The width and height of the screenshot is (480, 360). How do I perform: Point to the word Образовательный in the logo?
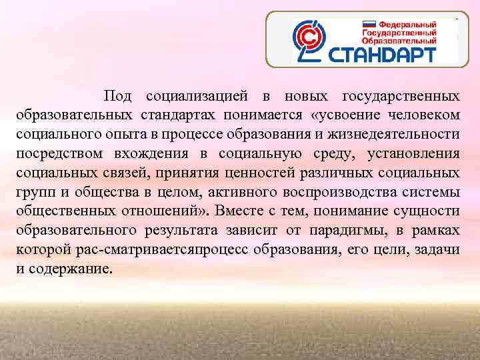point(399,39)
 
